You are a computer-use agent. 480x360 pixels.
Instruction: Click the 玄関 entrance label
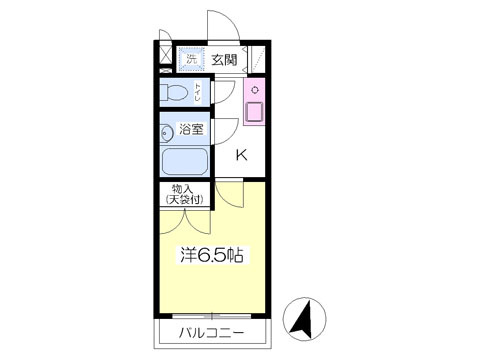[x=224, y=60]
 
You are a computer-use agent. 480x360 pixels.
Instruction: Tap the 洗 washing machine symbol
[x=191, y=59]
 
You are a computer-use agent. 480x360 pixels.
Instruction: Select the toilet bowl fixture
[x=173, y=92]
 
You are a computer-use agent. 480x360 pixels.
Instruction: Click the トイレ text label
[x=198, y=92]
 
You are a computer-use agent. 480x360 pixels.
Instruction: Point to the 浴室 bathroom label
[x=191, y=129]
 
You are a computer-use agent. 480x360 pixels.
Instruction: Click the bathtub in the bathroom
[x=185, y=161]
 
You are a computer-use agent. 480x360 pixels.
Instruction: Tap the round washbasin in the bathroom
[x=166, y=134]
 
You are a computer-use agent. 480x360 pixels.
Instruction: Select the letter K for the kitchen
[x=242, y=155]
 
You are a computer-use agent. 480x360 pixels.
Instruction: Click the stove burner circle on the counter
[x=255, y=90]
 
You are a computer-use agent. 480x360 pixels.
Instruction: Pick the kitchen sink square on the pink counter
[x=254, y=111]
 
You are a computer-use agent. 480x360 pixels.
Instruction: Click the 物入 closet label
[x=182, y=189]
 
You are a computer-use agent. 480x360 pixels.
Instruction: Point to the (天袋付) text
[x=184, y=199]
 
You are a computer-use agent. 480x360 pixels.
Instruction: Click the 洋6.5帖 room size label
[x=211, y=255]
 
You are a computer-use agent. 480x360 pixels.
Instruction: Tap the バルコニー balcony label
[x=212, y=333]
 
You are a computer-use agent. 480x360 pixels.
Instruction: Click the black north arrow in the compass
[x=303, y=319]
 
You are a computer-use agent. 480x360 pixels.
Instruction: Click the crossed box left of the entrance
[x=166, y=55]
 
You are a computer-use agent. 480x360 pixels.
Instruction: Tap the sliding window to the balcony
[x=212, y=316]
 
